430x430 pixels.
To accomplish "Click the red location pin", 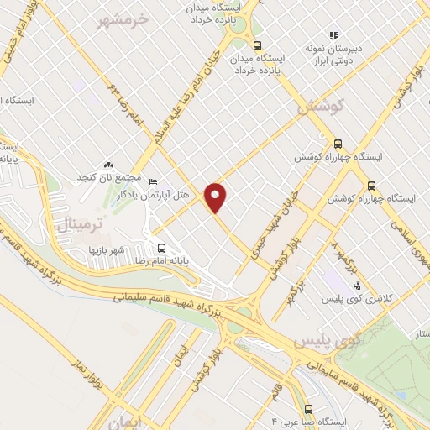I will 216,197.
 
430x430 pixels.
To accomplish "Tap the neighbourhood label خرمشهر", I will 123,18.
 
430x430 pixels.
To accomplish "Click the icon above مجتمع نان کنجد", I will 107,165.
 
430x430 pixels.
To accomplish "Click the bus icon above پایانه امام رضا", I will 162,248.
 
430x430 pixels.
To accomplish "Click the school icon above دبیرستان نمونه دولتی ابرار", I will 333,36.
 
